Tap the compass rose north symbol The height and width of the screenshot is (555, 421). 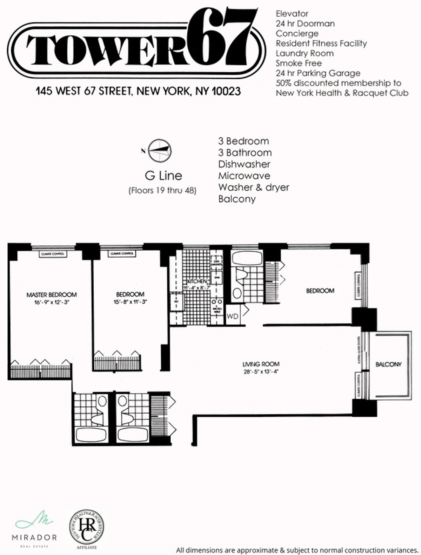160,151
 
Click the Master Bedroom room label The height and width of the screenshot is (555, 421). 52,295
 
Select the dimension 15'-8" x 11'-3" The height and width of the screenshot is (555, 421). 130,301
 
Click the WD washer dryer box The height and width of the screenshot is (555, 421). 233,316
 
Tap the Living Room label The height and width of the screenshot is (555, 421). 261,364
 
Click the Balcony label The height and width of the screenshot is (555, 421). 388,364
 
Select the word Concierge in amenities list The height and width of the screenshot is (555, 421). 297,34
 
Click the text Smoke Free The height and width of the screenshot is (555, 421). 299,63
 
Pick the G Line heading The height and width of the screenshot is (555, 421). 163,176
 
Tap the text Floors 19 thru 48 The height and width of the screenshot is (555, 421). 162,191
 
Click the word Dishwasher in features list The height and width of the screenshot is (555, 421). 244,164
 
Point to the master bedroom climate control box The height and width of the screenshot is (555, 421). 53,254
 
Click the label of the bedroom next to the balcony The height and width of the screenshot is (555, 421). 320,291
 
